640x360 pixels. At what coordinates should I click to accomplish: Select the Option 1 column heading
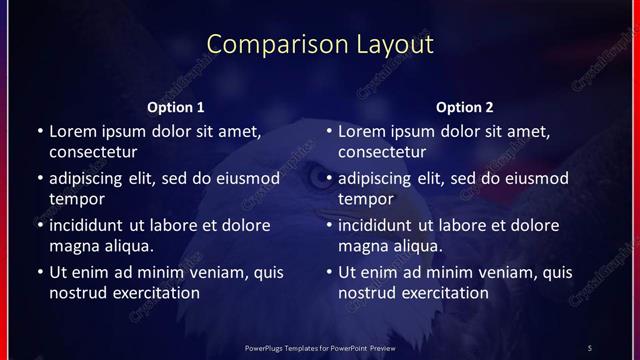pyautogui.click(x=176, y=107)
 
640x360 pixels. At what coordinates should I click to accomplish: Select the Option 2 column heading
pyautogui.click(x=465, y=107)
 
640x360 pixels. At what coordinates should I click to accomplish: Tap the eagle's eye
pyautogui.click(x=319, y=179)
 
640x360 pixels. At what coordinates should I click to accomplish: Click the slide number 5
pyautogui.click(x=589, y=347)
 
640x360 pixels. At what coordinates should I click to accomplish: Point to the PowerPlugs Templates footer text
pyautogui.click(x=320, y=347)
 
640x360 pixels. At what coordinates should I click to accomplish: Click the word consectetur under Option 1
pyautogui.click(x=93, y=152)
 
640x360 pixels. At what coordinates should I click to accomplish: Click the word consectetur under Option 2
pyautogui.click(x=382, y=152)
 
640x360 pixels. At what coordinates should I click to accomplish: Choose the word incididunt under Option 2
pyautogui.click(x=381, y=225)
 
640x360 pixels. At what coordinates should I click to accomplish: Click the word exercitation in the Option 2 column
pyautogui.click(x=444, y=293)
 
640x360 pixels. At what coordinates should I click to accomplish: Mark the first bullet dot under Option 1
pyautogui.click(x=39, y=131)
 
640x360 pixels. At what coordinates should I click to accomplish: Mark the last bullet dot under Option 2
pyautogui.click(x=328, y=272)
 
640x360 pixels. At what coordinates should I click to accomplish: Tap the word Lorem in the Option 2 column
pyautogui.click(x=361, y=131)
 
